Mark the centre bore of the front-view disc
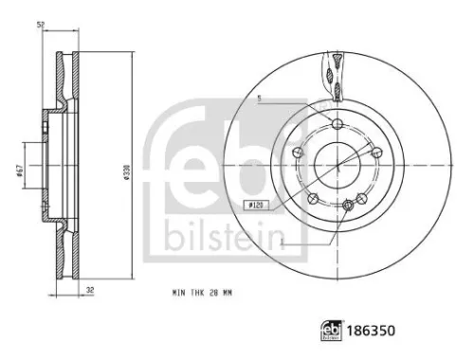[339, 163]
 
